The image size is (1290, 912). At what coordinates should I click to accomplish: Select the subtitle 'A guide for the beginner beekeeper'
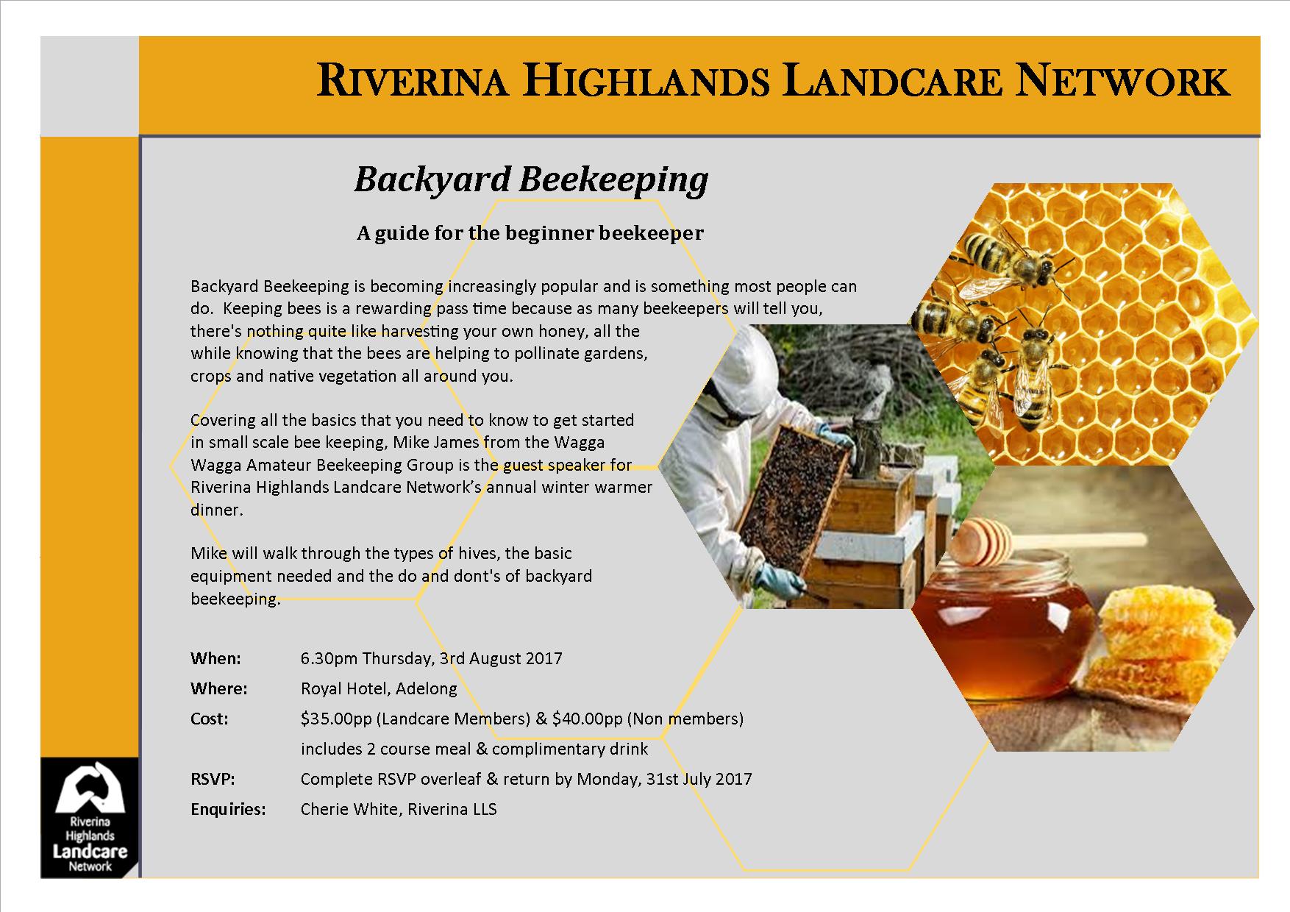pyautogui.click(x=530, y=234)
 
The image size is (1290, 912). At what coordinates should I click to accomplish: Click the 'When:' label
pyautogui.click(x=215, y=658)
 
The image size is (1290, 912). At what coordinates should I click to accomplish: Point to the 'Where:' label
pyautogui.click(x=218, y=688)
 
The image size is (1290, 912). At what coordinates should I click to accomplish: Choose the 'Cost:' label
pyautogui.click(x=210, y=719)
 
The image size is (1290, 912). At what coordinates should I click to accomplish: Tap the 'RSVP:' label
pyautogui.click(x=213, y=779)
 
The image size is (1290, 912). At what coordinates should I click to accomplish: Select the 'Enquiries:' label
pyautogui.click(x=228, y=810)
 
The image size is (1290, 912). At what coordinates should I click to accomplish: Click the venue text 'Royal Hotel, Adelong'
pyautogui.click(x=379, y=689)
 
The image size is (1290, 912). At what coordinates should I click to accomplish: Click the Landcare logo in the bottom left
pyautogui.click(x=90, y=817)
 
